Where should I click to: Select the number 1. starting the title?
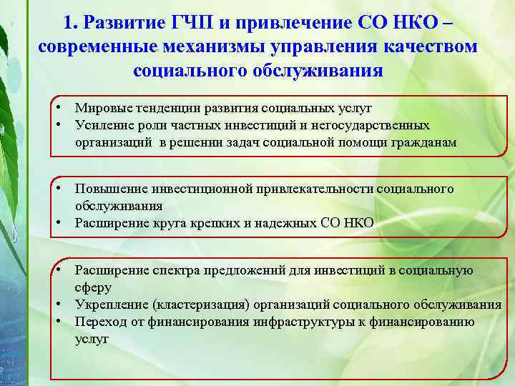69,23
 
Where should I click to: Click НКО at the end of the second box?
358,223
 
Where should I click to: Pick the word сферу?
92,287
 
